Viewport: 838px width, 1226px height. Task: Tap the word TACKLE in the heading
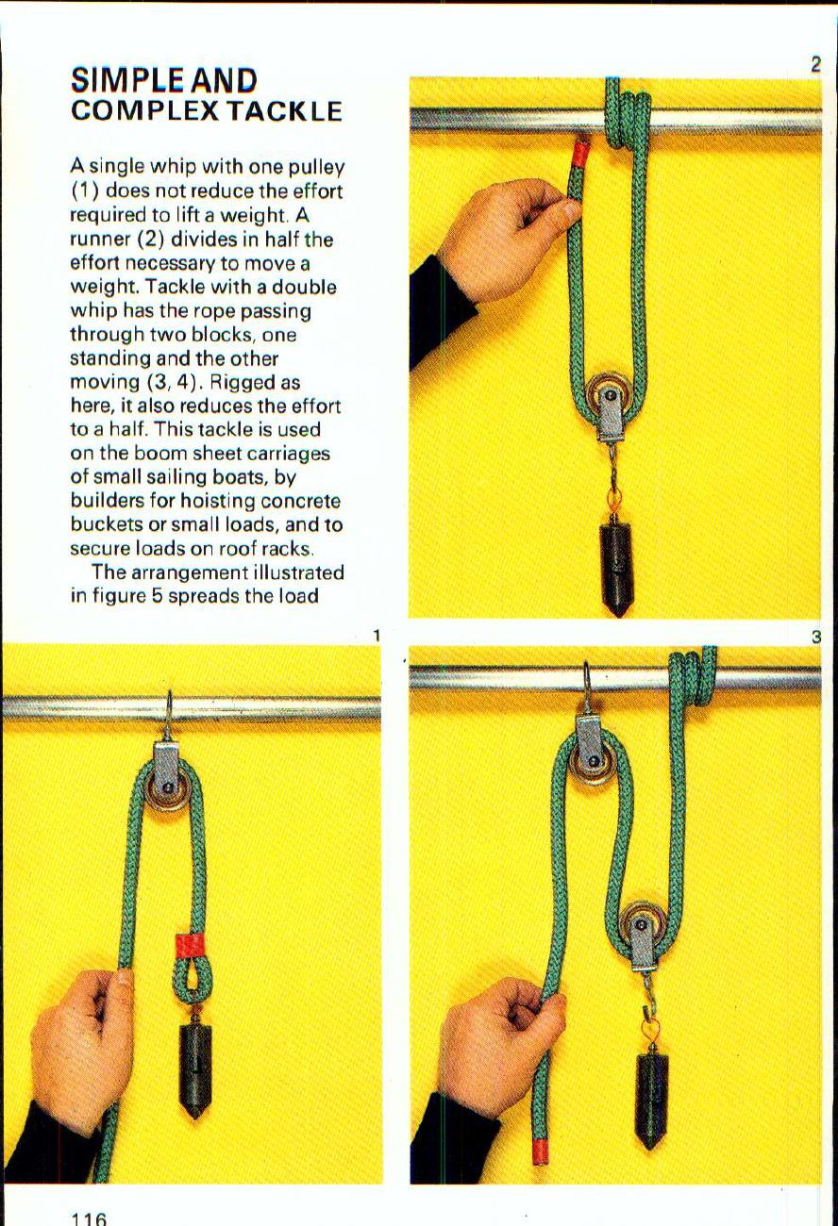[x=283, y=111]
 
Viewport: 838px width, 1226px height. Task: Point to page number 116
[x=90, y=1218]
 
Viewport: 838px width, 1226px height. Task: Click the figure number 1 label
[x=376, y=637]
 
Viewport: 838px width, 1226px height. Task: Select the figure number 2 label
[x=815, y=65]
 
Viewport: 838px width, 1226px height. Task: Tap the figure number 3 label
[x=815, y=638]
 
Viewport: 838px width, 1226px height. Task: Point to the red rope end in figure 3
[x=541, y=1151]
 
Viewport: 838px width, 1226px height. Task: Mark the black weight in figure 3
[x=652, y=1098]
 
